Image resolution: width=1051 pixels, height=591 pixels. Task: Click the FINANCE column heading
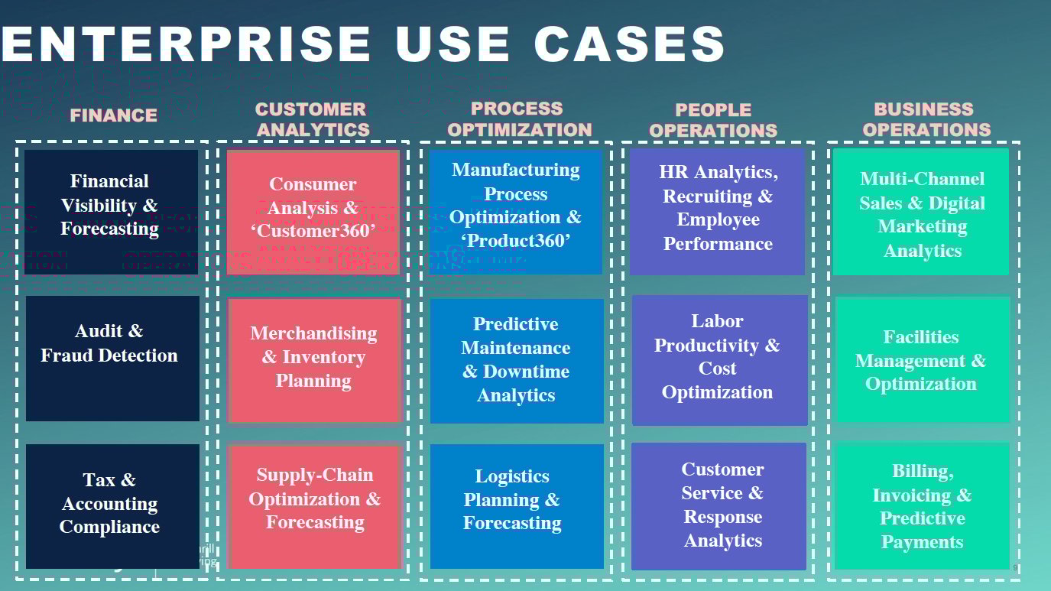[x=113, y=115]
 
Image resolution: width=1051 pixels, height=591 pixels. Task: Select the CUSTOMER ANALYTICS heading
[x=312, y=120]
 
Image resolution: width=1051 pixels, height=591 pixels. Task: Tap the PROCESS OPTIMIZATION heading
[x=519, y=119]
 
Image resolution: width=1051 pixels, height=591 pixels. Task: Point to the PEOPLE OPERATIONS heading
[x=713, y=120]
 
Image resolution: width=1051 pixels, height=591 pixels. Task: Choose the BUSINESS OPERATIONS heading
[x=926, y=119]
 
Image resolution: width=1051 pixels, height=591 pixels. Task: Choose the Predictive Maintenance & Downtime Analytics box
[x=516, y=360]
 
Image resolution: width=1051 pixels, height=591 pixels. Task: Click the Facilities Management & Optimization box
[x=921, y=359]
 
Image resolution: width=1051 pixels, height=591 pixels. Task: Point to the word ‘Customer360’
[x=313, y=230]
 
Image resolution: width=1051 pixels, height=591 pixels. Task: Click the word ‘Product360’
[x=515, y=241]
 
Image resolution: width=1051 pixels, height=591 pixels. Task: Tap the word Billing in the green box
[x=923, y=471]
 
